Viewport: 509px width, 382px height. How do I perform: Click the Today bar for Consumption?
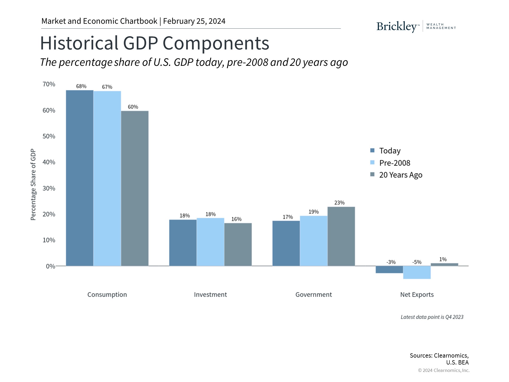(x=80, y=178)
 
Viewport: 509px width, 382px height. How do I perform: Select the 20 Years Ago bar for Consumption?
(x=135, y=188)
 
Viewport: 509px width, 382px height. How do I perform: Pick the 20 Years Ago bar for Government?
(x=341, y=236)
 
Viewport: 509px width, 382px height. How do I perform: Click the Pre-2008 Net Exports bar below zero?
(x=417, y=272)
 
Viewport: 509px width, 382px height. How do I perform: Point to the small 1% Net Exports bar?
(x=444, y=264)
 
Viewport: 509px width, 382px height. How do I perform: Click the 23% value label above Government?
(x=339, y=203)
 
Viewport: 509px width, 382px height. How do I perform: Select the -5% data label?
(x=417, y=262)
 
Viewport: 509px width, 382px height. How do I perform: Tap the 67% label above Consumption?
(x=107, y=87)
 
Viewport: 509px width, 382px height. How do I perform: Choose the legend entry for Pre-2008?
(x=394, y=163)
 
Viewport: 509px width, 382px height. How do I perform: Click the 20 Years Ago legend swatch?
(x=372, y=175)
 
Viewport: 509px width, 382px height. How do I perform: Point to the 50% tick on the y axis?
(x=49, y=136)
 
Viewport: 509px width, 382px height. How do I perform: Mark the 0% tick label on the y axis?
(x=50, y=266)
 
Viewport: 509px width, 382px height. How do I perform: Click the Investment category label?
(x=210, y=294)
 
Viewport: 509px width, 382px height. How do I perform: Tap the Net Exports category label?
(x=417, y=294)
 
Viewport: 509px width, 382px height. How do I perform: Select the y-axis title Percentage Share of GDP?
(x=33, y=185)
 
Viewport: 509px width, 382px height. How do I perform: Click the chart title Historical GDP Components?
(x=155, y=43)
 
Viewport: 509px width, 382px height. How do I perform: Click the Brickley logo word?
(x=397, y=27)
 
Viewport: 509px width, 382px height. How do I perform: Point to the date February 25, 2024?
(x=194, y=21)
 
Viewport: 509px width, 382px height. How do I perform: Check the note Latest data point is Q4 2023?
(x=432, y=317)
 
